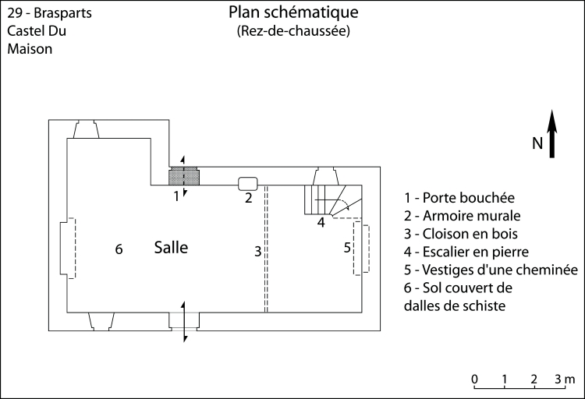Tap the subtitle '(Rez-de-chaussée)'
(292, 32)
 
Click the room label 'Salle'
(171, 248)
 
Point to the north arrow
(551, 134)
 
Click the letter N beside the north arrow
(537, 143)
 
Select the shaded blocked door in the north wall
(185, 176)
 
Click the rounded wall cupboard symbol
(248, 183)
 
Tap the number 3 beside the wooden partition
(257, 251)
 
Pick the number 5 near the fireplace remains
(348, 248)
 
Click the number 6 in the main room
(119, 249)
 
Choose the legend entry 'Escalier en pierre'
(466, 252)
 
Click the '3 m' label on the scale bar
(564, 380)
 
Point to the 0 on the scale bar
(474, 380)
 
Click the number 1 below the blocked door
(176, 196)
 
